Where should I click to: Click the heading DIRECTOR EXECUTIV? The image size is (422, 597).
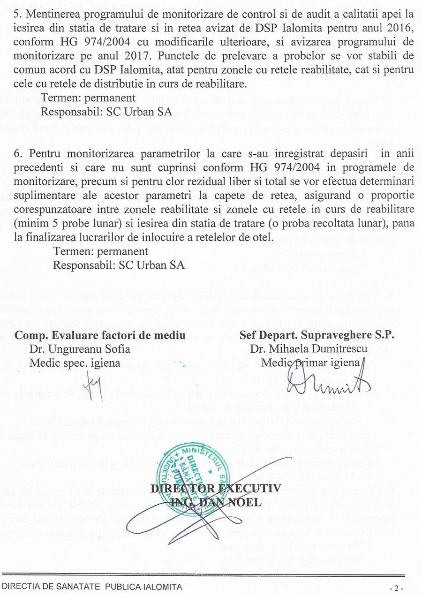pyautogui.click(x=216, y=489)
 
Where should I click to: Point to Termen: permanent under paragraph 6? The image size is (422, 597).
pyautogui.click(x=100, y=251)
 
